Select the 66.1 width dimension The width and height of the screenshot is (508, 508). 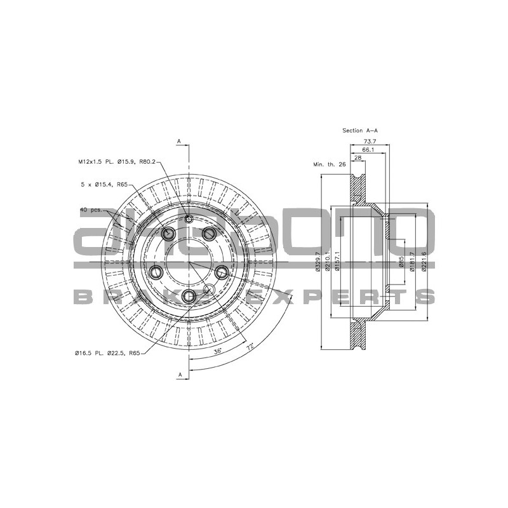(x=368, y=149)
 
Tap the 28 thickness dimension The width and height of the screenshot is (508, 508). (x=358, y=157)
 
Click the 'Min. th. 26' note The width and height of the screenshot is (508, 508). (x=328, y=164)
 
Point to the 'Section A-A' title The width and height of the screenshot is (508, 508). (x=360, y=130)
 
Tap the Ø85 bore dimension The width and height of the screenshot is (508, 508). (x=402, y=262)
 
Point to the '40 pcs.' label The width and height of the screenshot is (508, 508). (x=91, y=209)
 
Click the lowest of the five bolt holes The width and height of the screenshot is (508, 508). (x=189, y=297)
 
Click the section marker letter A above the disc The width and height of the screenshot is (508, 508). (x=179, y=140)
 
